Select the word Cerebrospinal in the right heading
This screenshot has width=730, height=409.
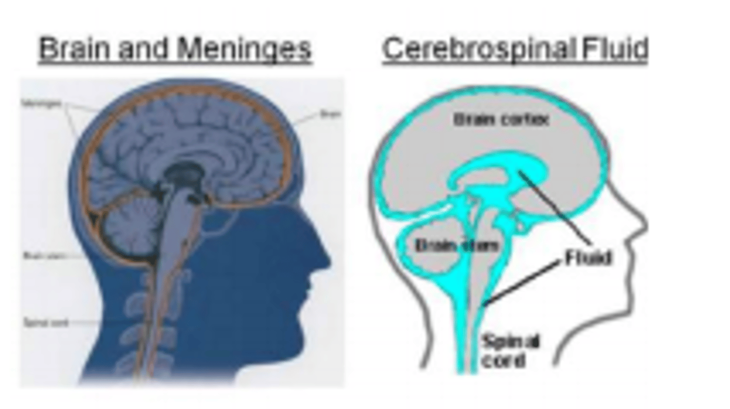[x=479, y=49]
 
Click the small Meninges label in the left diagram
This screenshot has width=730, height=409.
[x=42, y=104]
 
